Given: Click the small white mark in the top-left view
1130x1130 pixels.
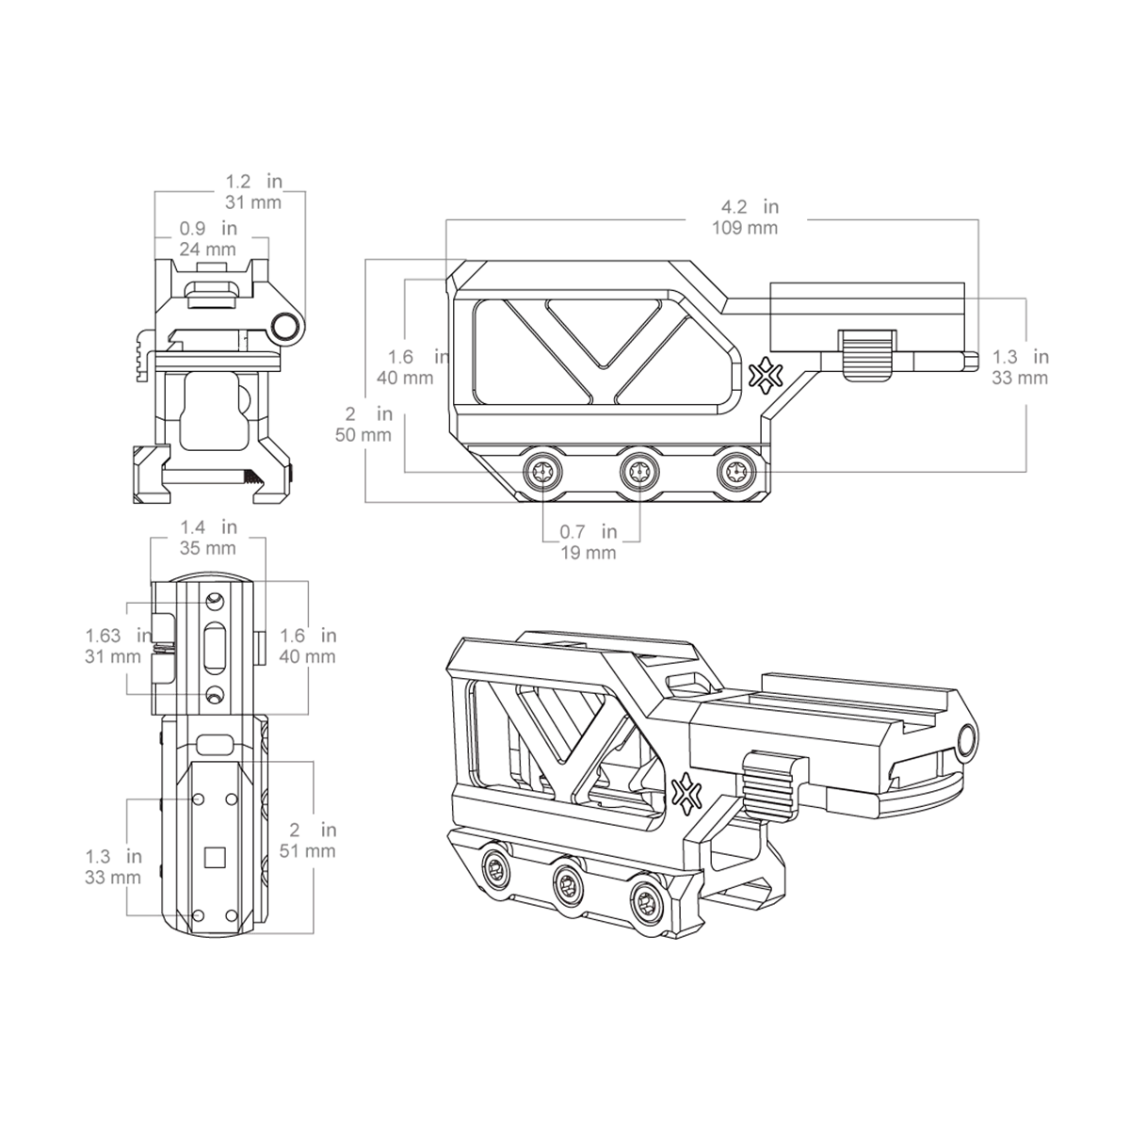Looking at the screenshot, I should click(242, 341).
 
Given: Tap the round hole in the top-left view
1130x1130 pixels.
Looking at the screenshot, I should click(285, 326).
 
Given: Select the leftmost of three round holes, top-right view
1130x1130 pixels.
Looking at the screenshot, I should click(543, 471).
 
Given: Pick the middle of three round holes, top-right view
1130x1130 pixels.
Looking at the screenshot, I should click(639, 471).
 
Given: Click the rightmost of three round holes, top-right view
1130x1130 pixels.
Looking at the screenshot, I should click(734, 471).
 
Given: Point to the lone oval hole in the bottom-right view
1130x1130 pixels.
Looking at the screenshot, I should click(966, 740).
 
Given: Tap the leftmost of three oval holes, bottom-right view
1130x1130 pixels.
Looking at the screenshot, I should click(495, 868).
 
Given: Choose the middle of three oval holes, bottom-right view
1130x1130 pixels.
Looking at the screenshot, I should click(568, 885).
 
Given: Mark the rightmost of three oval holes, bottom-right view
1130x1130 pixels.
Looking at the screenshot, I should click(646, 903).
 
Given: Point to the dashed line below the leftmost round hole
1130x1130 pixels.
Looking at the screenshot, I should click(543, 497).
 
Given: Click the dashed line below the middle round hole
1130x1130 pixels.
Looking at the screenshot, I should click(639, 495).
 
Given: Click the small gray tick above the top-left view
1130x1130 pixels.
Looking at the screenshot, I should click(266, 170).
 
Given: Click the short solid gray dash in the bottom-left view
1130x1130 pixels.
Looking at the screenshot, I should click(164, 649).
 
